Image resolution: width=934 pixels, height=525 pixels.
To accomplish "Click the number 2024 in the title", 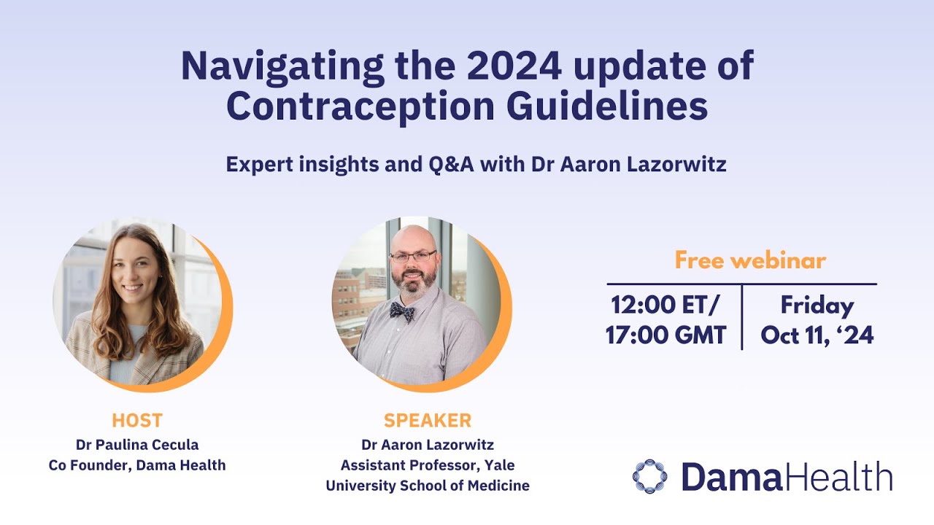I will click(514, 66).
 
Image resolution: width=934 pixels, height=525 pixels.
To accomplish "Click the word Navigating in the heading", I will click(282, 66).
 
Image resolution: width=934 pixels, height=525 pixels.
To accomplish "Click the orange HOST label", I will click(137, 421).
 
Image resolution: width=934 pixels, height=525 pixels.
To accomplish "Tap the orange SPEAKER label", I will click(428, 421).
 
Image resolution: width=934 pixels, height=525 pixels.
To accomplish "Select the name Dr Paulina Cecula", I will click(137, 444).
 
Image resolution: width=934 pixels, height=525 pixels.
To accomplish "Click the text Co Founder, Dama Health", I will click(137, 464).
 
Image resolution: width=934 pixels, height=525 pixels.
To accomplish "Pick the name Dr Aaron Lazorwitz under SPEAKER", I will click(428, 444).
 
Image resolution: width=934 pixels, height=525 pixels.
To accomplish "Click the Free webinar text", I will click(750, 260).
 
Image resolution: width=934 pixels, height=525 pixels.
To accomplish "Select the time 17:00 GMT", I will click(666, 335).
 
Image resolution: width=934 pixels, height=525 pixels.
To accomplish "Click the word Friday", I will click(817, 305).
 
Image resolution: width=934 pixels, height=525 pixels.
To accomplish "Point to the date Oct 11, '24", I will click(817, 335).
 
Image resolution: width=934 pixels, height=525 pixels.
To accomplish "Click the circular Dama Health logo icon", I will click(649, 476).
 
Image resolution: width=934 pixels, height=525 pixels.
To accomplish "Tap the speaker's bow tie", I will click(402, 311).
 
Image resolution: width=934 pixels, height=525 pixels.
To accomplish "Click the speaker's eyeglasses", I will click(413, 256).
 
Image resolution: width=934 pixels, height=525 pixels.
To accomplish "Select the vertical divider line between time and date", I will click(742, 317).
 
